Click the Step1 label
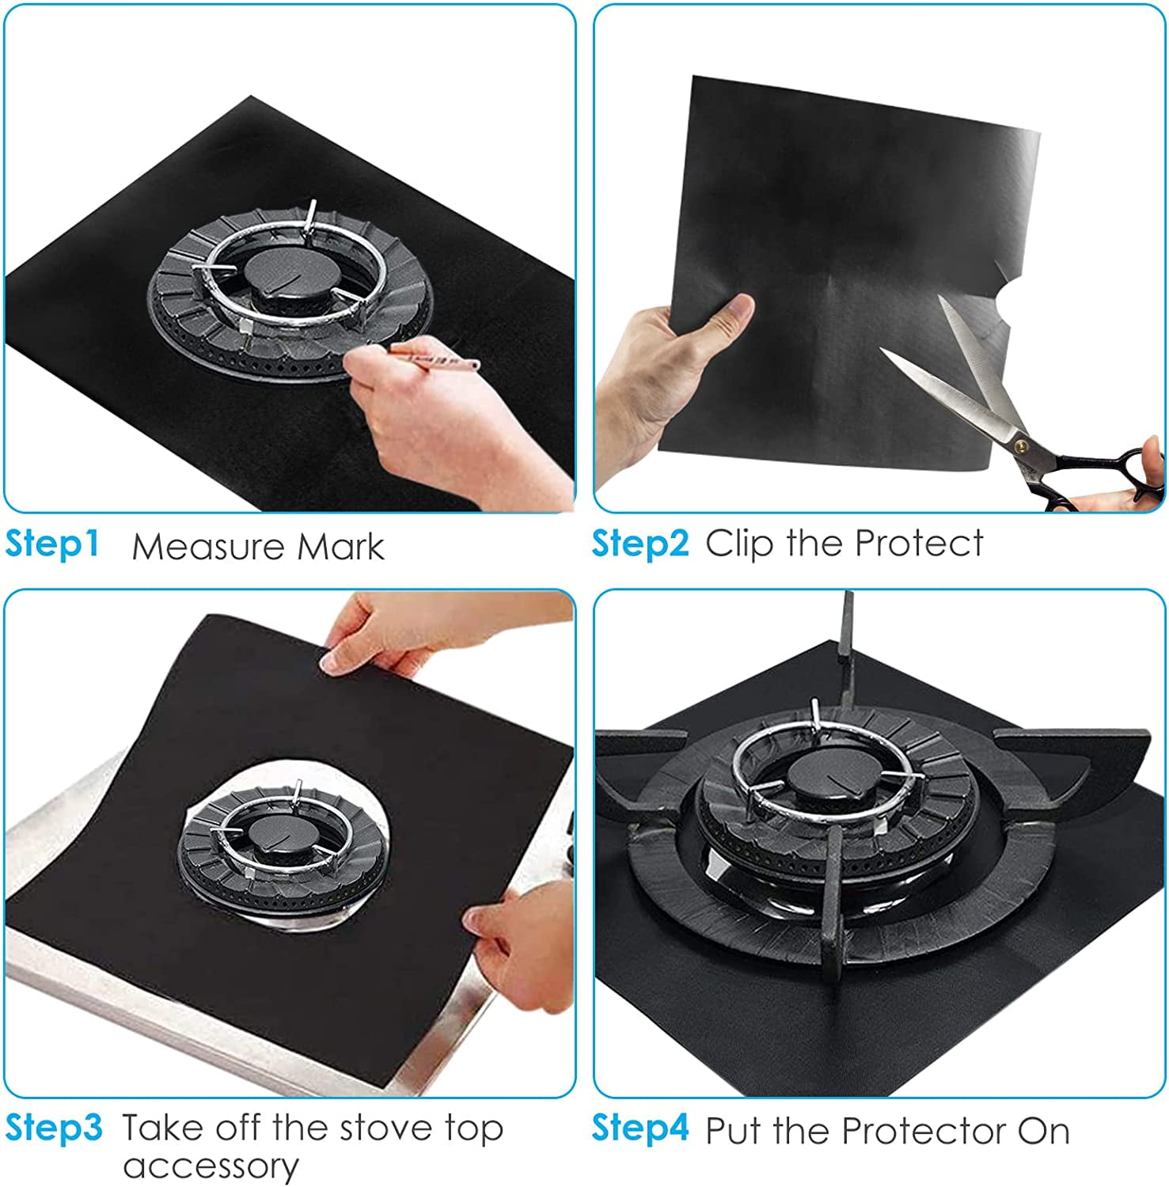[52, 544]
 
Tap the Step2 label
[640, 544]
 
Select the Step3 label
[54, 1128]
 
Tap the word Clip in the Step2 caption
[738, 544]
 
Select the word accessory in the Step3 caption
[211, 1166]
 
